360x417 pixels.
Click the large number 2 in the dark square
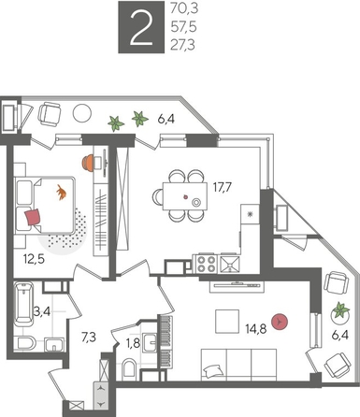(142, 29)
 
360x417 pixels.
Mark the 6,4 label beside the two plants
(166, 119)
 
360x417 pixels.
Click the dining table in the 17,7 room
(179, 196)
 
